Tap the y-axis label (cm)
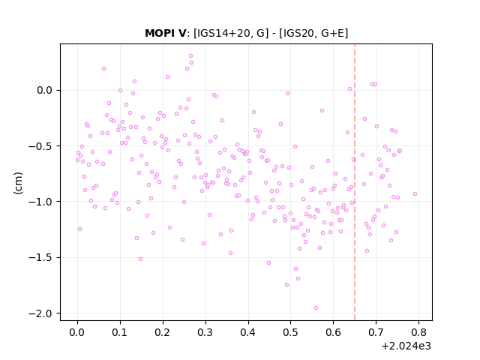point(18,183)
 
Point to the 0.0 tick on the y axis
point(44,90)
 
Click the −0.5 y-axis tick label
point(40,146)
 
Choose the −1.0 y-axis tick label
point(40,202)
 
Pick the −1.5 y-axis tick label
point(40,257)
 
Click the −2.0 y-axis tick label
point(40,313)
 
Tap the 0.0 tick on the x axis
point(77,332)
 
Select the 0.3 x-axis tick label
point(205,332)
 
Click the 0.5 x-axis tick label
point(290,332)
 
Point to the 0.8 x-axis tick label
point(418,332)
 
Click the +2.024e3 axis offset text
point(406,346)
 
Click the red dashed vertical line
point(355,182)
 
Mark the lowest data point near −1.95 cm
point(316,308)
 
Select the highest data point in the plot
point(190,56)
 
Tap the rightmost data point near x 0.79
point(415,193)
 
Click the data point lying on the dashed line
point(353,160)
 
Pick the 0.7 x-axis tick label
point(376,332)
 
